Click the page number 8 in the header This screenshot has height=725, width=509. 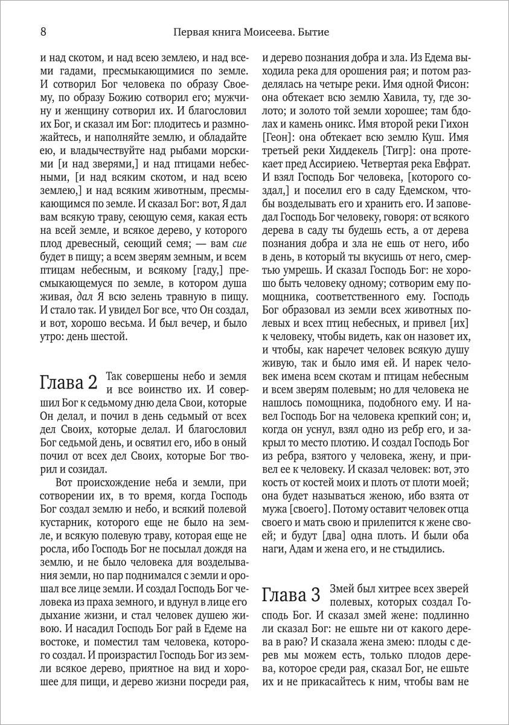coord(43,31)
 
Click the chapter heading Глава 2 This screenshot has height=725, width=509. coord(68,382)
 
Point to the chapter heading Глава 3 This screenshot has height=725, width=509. coord(291,596)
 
